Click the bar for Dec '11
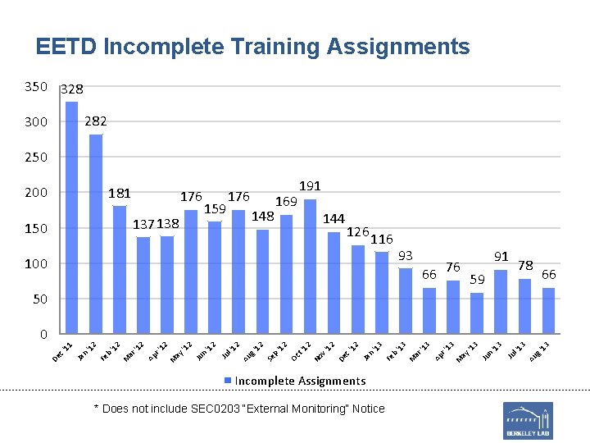click(72, 217)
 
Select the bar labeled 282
click(96, 234)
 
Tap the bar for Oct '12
click(310, 267)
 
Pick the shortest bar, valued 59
click(477, 313)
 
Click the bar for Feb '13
click(406, 301)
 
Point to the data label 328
click(72, 89)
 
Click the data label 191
click(310, 186)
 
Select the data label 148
click(262, 217)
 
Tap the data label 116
click(382, 239)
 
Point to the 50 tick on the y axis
click(40, 299)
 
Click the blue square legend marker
click(229, 381)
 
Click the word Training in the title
click(273, 47)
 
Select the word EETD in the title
click(66, 47)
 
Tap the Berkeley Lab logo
click(528, 420)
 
